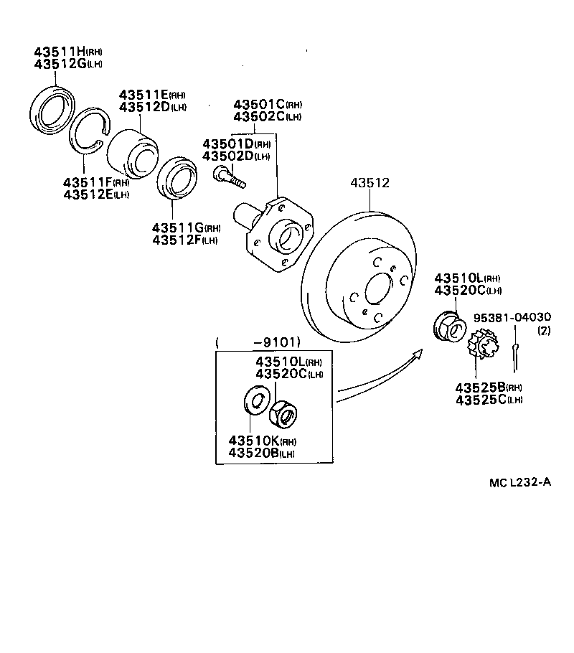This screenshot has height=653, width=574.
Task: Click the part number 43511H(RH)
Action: point(69,52)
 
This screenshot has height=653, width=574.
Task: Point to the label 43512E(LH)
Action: point(96,194)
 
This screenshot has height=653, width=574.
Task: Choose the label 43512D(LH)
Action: point(153,107)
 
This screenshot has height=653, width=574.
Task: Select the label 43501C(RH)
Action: point(268,104)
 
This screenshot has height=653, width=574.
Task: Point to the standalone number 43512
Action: point(370,183)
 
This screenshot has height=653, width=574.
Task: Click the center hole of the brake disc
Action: point(378,291)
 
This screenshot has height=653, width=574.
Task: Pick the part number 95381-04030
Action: point(512,317)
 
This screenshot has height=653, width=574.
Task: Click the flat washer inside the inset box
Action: point(255,400)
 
